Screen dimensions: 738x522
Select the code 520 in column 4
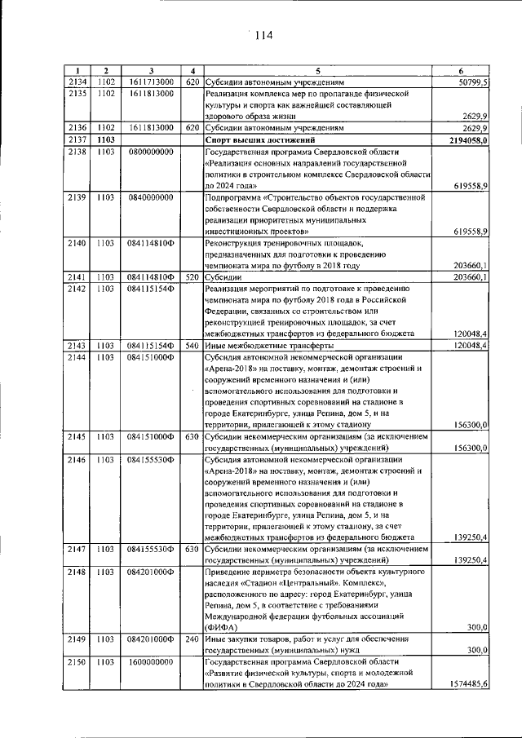click(191, 277)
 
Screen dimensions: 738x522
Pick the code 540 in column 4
click(191, 346)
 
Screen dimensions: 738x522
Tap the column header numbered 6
click(462, 71)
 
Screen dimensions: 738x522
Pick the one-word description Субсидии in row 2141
click(223, 277)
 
